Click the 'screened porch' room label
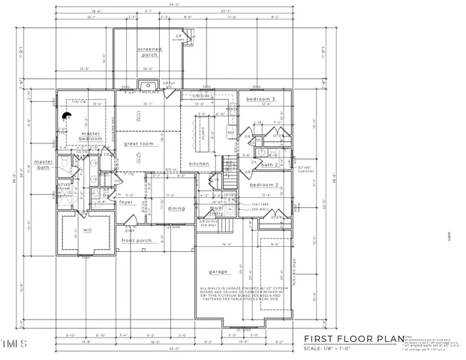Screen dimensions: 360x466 (x=149, y=52)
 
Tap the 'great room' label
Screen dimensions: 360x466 (x=139, y=143)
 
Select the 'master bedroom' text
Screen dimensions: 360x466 (x=91, y=136)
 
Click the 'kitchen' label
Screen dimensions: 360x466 (x=199, y=163)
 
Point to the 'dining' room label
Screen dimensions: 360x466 (x=176, y=208)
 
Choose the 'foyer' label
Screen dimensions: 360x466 (x=125, y=201)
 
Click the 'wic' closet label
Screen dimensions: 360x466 (x=87, y=229)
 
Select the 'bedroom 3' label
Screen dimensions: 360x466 (x=263, y=99)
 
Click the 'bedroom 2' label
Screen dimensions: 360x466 (x=264, y=184)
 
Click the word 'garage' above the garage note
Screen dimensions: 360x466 (x=220, y=272)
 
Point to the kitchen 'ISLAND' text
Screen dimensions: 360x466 (x=202, y=130)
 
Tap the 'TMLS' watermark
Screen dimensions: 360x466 (x=12, y=346)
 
